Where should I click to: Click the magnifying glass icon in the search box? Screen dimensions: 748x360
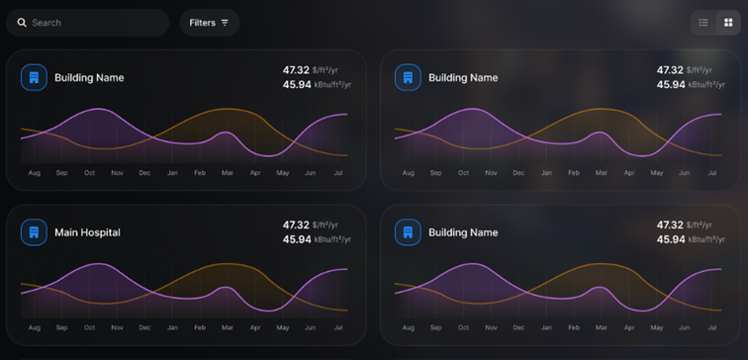click(x=22, y=23)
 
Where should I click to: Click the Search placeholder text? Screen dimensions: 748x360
click(x=47, y=23)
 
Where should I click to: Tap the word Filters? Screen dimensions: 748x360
click(x=202, y=23)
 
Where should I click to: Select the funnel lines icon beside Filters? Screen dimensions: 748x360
click(x=225, y=23)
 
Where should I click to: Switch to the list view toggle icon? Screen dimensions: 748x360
click(x=703, y=23)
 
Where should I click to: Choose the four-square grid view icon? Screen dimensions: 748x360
click(x=728, y=23)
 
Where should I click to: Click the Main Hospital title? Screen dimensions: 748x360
click(x=87, y=232)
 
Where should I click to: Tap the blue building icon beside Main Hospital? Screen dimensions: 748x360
click(x=34, y=232)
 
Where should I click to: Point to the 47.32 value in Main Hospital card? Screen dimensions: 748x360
click(x=296, y=225)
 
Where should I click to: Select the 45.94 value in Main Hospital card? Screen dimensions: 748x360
click(x=297, y=239)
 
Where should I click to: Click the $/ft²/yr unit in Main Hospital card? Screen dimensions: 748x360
click(x=326, y=225)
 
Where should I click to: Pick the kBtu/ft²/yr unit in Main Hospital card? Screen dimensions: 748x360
click(x=332, y=239)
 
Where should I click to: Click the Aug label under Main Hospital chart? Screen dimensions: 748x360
click(x=35, y=327)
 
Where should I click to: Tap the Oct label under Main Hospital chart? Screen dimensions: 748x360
click(x=90, y=327)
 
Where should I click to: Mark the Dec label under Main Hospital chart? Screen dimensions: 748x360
click(x=145, y=327)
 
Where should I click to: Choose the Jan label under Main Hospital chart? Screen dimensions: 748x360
click(x=172, y=327)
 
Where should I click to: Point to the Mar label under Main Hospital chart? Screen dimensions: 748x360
click(x=228, y=327)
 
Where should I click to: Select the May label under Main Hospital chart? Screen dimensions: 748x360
click(x=283, y=327)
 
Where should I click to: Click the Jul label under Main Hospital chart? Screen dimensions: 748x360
click(x=338, y=327)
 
